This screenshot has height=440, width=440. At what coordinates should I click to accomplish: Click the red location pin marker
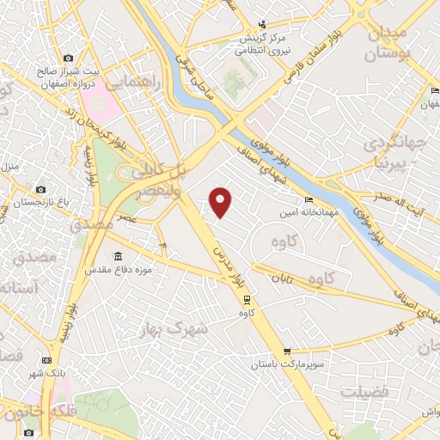coord(221,201)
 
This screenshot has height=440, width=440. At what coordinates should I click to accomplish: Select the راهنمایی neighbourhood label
coord(130,82)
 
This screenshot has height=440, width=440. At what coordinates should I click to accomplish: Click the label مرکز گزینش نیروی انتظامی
coord(263,41)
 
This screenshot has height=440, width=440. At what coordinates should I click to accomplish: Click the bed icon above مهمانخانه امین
coord(309,200)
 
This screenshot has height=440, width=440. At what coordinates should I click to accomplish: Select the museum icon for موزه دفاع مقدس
coord(118,255)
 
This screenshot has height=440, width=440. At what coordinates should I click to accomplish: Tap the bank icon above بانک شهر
coord(46,359)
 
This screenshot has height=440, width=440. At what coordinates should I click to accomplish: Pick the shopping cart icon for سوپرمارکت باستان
coord(287,351)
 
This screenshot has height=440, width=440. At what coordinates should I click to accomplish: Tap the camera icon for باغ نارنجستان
coord(40,189)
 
